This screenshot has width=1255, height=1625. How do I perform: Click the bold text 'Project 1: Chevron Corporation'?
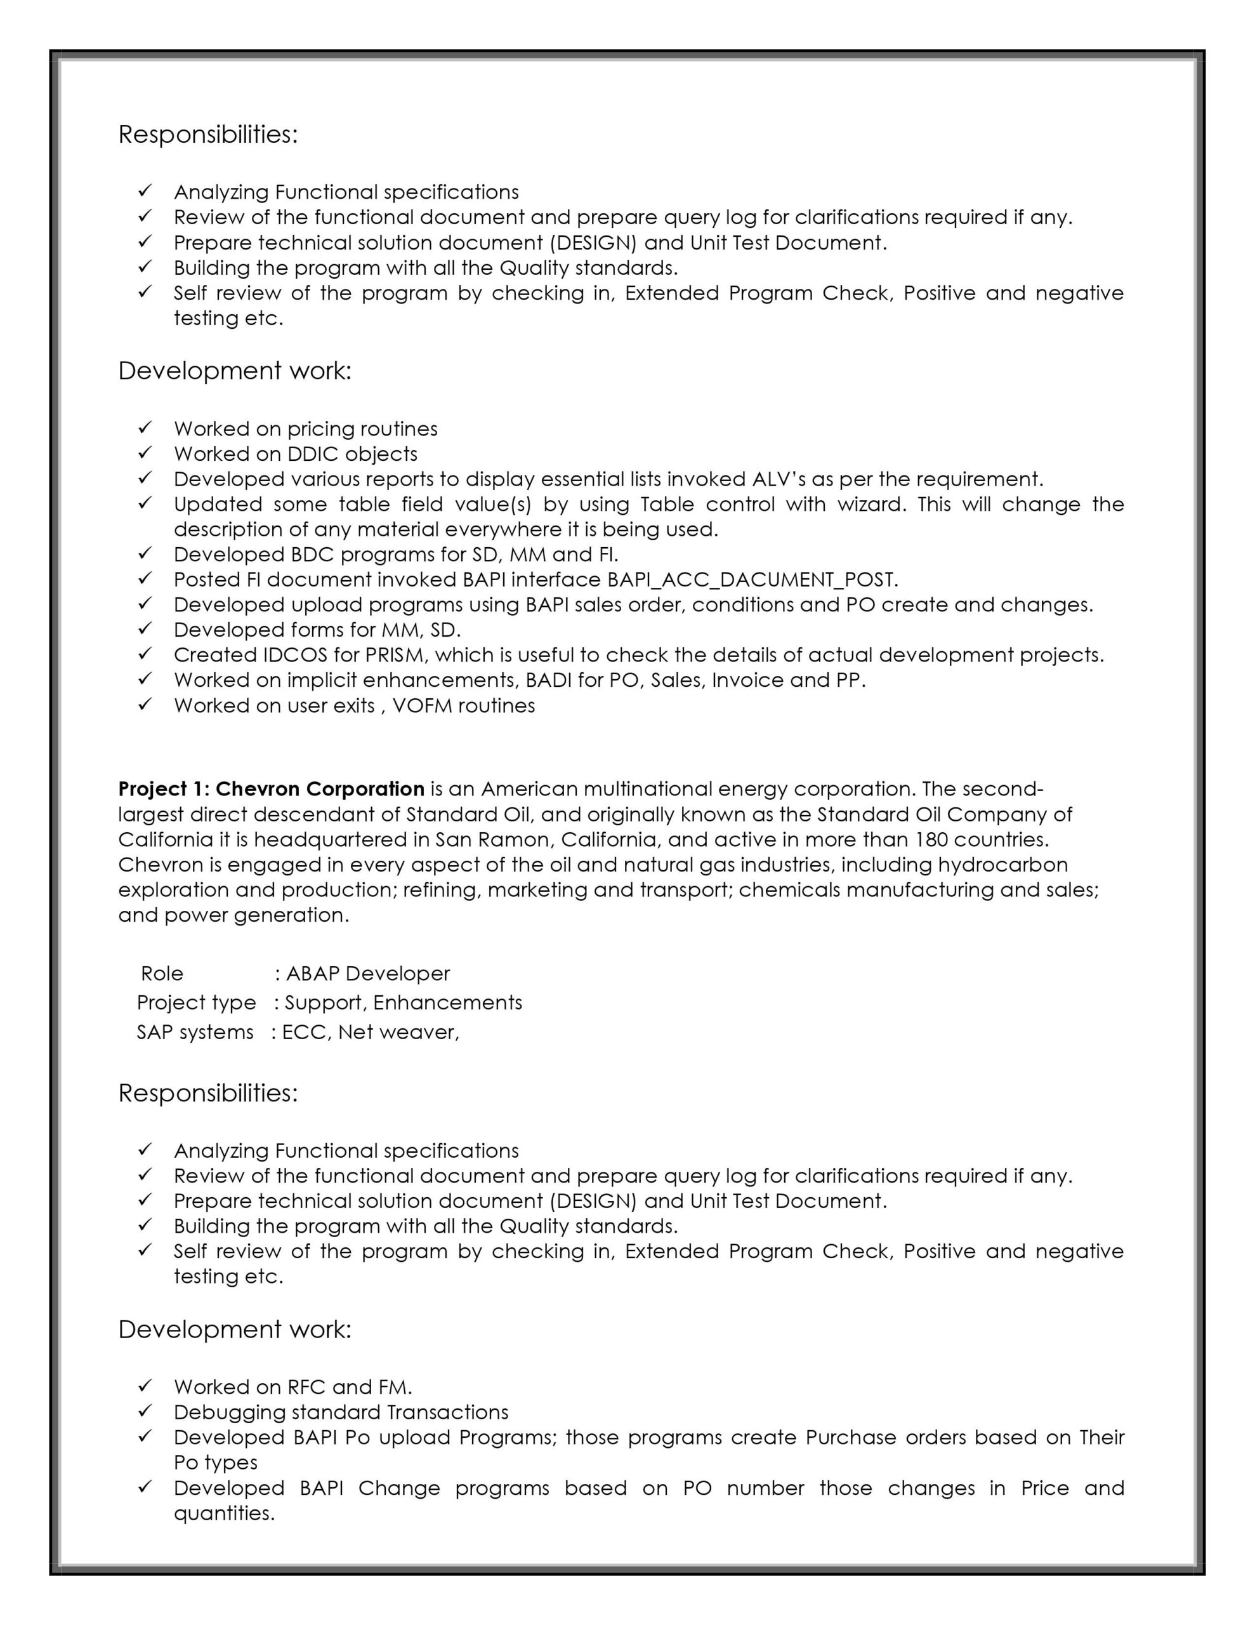(x=271, y=788)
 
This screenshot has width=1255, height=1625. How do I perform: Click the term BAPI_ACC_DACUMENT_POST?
(x=752, y=580)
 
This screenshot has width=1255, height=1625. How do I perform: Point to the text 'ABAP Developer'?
(x=367, y=974)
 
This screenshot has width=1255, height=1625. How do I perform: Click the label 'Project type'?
(x=197, y=1003)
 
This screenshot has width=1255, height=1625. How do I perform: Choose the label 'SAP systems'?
(x=195, y=1033)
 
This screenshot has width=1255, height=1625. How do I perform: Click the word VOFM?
(x=422, y=706)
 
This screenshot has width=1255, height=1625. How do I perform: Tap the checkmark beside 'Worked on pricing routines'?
(x=145, y=428)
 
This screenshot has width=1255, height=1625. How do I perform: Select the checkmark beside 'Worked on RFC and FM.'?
(x=145, y=1386)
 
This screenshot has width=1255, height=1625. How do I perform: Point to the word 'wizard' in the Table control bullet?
(x=871, y=505)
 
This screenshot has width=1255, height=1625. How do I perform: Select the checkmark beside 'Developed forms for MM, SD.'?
(x=145, y=630)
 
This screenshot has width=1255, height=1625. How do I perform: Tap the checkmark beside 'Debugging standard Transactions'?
(x=145, y=1412)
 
